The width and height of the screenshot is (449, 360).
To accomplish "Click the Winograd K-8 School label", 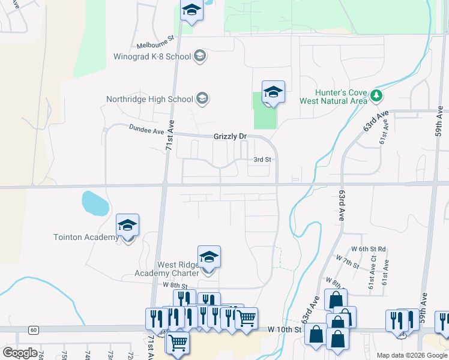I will point(152,56).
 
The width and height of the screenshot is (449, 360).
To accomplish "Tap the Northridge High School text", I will point(149,99).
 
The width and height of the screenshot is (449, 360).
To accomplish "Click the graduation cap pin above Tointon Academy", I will point(128,226).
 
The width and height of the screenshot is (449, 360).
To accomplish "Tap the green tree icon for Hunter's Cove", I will point(376,95).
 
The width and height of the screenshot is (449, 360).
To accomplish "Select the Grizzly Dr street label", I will point(231,137).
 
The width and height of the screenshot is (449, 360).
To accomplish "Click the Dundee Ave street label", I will point(146,129).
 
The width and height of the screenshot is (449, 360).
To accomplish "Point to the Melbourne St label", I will point(155,41).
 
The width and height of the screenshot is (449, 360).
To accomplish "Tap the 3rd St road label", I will point(262,160).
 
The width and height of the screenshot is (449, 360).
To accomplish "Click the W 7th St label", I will point(348,262).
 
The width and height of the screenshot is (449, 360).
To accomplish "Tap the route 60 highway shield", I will point(33,329).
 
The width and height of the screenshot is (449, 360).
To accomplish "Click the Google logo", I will point(20,352).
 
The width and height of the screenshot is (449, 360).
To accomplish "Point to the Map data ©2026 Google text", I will point(411,355).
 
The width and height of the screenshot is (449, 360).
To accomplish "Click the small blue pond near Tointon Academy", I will point(95,203).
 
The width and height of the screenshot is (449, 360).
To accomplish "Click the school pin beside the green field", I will point(273,92).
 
